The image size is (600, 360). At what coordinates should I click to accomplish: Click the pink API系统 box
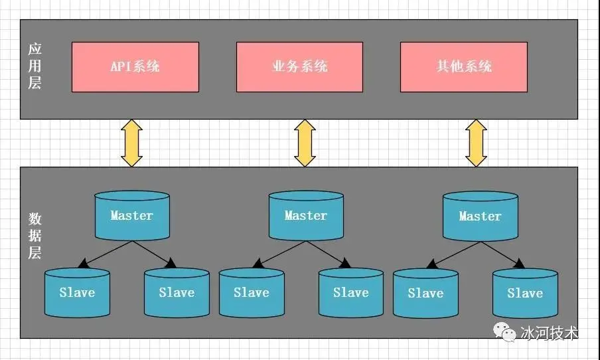coord(135,66)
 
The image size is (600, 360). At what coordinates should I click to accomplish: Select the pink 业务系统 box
coord(299,66)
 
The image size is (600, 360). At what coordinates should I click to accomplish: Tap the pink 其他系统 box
coord(464,66)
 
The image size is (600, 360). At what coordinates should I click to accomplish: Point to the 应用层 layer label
coord(35,66)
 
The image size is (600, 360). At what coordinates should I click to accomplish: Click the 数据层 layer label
coord(35,236)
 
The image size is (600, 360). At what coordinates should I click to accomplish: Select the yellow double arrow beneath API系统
coord(131,143)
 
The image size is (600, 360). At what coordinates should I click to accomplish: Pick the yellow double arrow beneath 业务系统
coord(305,143)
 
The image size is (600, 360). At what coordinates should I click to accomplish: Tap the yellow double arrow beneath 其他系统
coord(476,143)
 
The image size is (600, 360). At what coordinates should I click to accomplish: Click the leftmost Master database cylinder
coord(131,216)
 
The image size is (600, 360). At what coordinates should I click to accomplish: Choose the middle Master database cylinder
coord(306,216)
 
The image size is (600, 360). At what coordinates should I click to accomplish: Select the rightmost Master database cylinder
coord(480,217)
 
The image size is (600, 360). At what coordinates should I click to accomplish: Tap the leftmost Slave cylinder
coord(77,292)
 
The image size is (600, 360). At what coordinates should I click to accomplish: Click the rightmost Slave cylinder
coord(524,293)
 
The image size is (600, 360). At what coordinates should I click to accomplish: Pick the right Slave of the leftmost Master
coord(177,292)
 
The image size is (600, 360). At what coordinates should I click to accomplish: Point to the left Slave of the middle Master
coord(251,292)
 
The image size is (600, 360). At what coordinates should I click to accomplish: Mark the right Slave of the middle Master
coord(350,292)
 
